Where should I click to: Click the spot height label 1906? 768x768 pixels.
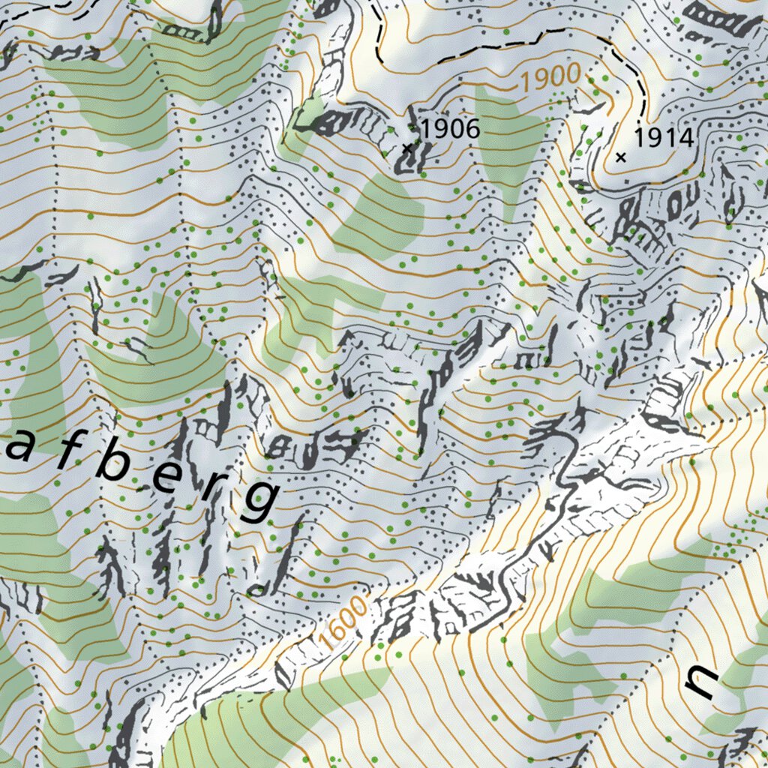click(449, 128)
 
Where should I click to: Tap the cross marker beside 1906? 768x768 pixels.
click(407, 148)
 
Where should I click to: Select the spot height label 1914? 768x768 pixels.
click(663, 138)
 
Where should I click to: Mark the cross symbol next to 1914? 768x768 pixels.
click(620, 157)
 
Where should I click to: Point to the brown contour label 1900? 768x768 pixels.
click(551, 77)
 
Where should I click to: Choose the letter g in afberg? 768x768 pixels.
click(259, 501)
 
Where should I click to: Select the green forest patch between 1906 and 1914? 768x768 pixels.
click(510, 142)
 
